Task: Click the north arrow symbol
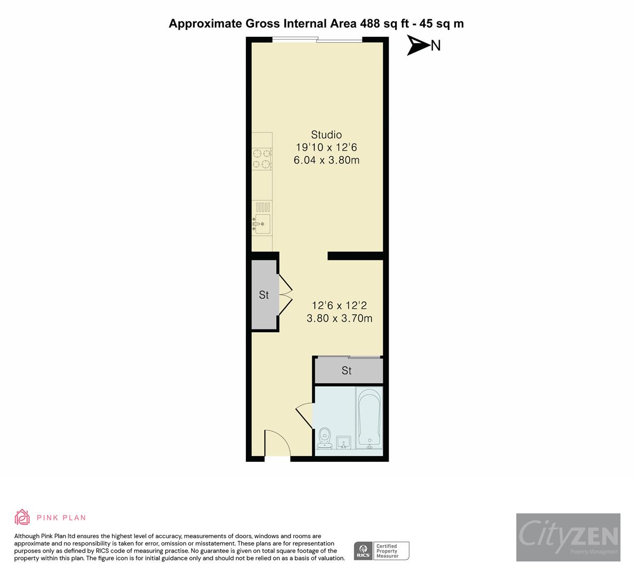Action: [418, 45]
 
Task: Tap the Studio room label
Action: [326, 134]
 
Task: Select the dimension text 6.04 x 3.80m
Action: [326, 160]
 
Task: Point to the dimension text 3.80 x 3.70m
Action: [339, 319]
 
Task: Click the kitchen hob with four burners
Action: [262, 159]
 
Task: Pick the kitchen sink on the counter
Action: [262, 223]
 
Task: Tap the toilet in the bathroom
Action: [324, 438]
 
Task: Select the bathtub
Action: [369, 418]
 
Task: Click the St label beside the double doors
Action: [264, 295]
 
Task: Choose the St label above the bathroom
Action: [347, 371]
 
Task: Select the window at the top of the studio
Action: [317, 39]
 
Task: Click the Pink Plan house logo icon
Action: [22, 517]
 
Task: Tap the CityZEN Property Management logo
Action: [568, 537]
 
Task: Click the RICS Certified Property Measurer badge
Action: [382, 550]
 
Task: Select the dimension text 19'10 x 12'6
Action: [326, 147]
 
